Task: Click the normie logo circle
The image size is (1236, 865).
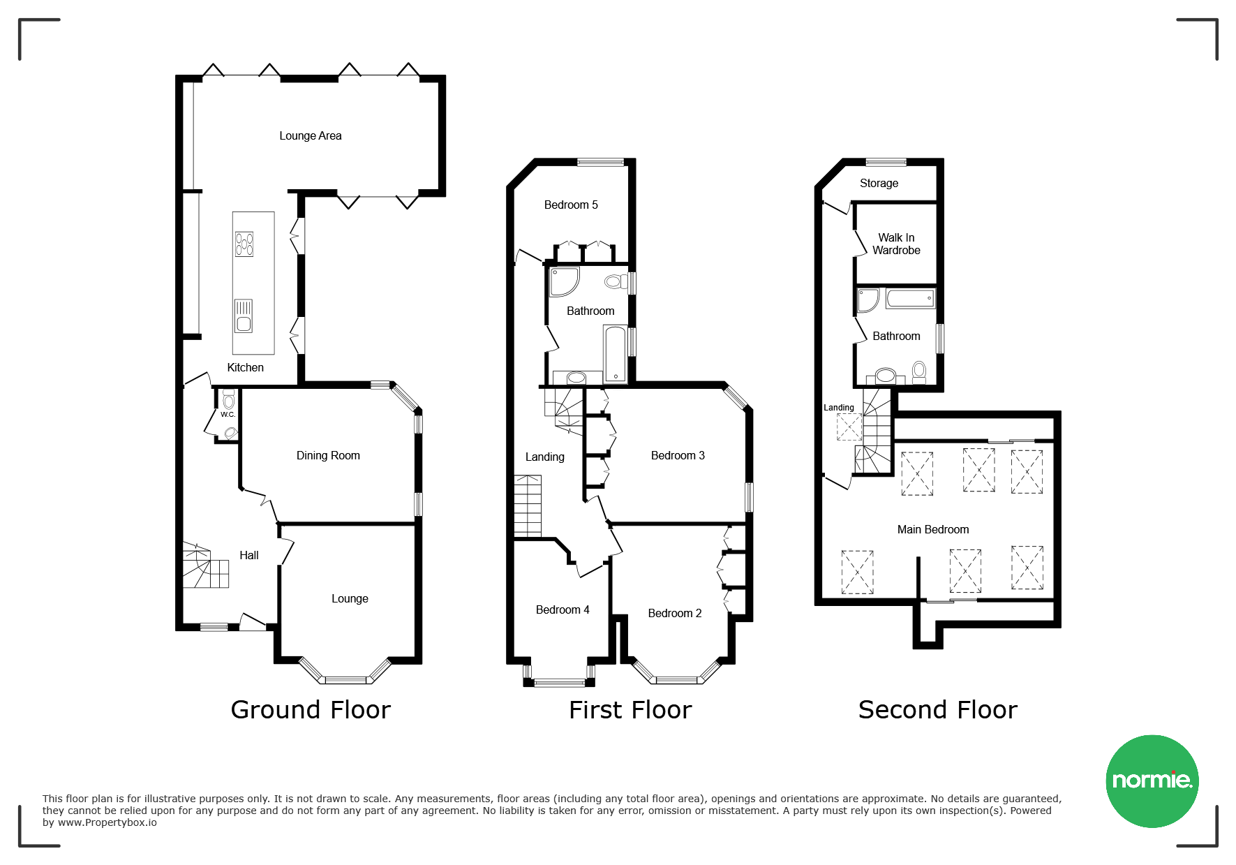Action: pos(1152,781)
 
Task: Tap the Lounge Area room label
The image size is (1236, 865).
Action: pos(311,136)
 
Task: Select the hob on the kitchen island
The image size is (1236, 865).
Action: pos(244,244)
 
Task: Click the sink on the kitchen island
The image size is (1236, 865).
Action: pos(244,316)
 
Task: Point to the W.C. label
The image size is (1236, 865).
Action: pos(228,415)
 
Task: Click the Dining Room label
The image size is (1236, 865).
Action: pos(328,456)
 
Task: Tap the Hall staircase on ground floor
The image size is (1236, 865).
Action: pos(206,565)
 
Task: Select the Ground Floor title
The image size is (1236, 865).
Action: pos(311,710)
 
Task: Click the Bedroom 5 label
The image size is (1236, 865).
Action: pos(571,205)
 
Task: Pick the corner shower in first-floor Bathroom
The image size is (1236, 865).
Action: pos(563,281)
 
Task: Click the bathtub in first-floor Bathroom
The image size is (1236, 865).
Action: pos(615,354)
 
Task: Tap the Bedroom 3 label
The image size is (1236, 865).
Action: pos(678,456)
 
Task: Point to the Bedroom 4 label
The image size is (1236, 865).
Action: pos(563,610)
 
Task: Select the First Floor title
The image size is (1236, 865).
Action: pos(630,710)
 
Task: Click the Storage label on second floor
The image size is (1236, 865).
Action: pos(879,184)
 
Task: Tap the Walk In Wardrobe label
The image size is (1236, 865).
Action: pos(896,244)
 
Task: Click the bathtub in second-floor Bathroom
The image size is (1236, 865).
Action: pos(910,299)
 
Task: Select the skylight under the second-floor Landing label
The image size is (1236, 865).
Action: pos(849,427)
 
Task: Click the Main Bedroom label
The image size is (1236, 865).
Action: pos(933,530)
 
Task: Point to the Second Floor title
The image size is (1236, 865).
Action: pos(937,710)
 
